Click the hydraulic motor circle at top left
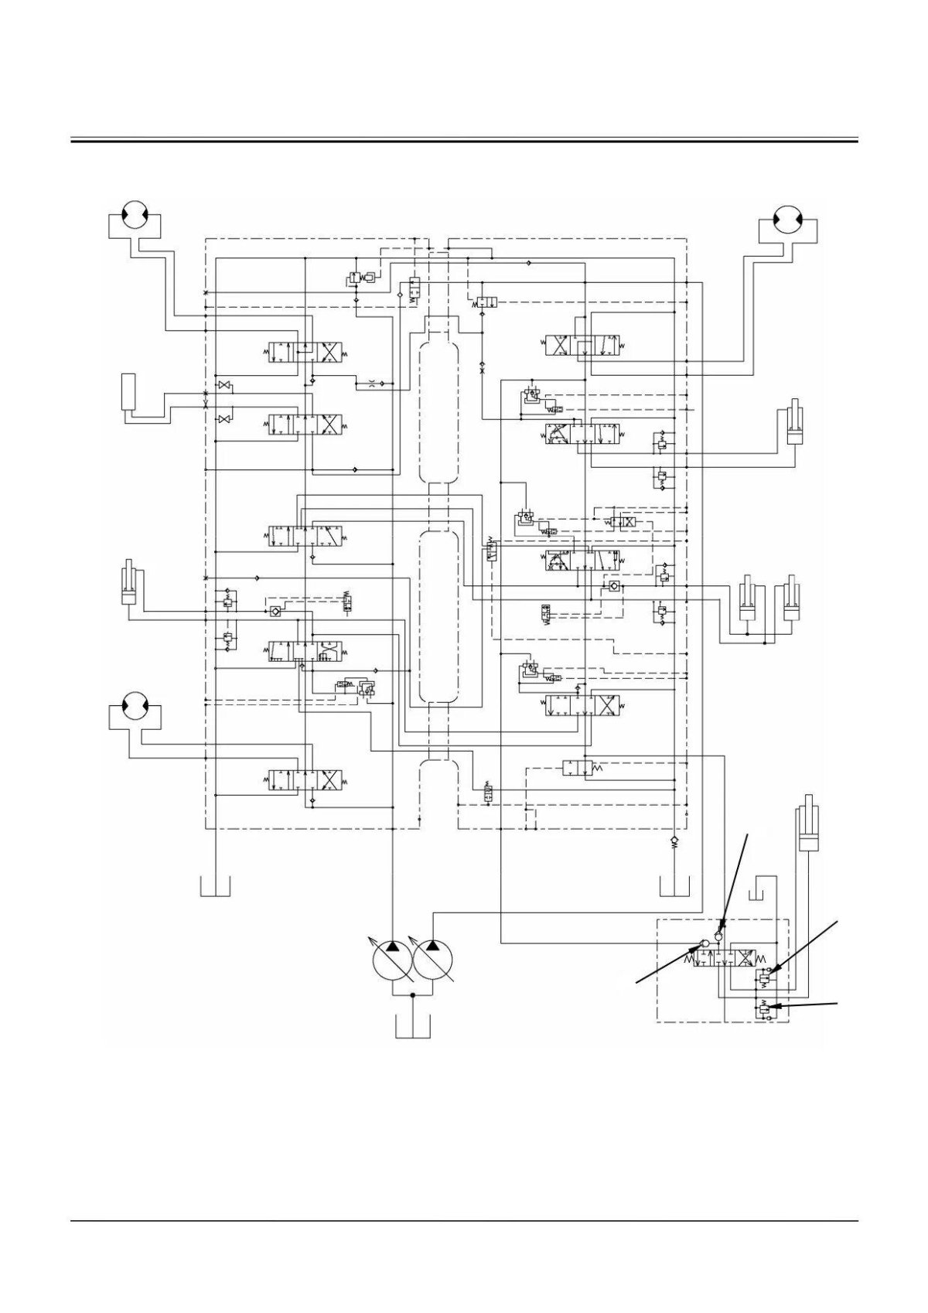click(137, 214)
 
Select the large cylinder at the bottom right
click(808, 830)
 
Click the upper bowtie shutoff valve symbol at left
click(224, 385)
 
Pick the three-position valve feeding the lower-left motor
click(307, 779)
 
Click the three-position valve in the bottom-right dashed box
click(730, 957)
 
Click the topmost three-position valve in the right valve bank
click(584, 345)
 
